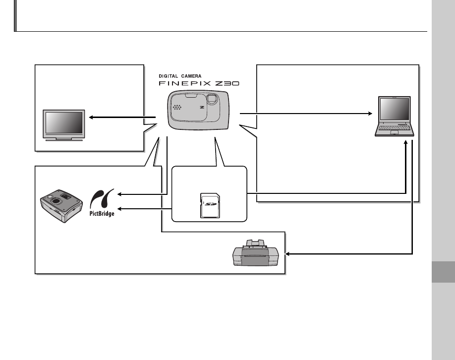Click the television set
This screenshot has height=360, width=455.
63,125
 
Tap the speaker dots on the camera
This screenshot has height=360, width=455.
177,107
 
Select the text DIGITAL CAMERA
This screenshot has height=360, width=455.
180,75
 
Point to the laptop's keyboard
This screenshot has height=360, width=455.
396,129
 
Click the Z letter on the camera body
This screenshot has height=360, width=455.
202,107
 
